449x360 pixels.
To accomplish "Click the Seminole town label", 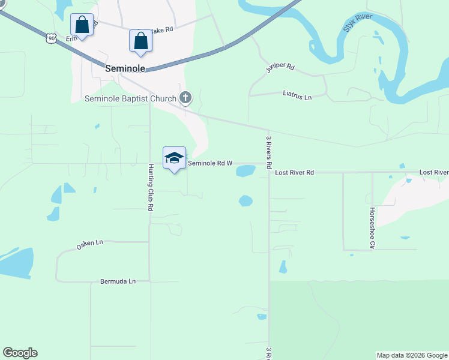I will (125, 68).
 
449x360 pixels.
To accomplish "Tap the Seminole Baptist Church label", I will (130, 98).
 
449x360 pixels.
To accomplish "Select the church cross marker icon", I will (186, 98).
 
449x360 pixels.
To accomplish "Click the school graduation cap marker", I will (174, 158).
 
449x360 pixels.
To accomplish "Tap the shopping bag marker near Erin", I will (82, 25).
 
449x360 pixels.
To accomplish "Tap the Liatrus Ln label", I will (298, 95).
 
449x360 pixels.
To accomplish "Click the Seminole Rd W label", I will (210, 163).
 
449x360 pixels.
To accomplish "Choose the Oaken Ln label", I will (90, 244).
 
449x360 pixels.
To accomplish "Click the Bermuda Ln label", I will (118, 281).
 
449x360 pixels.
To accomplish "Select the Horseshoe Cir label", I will (372, 228).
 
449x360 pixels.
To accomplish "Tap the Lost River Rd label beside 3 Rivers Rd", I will (294, 173).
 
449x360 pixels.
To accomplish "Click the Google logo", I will (20, 353).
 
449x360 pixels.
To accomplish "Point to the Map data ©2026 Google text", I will (412, 355).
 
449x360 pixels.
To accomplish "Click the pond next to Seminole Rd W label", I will (246, 171).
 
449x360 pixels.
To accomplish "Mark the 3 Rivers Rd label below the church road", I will (269, 151).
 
